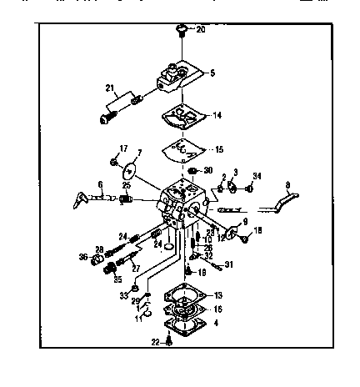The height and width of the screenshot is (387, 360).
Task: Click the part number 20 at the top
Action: (x=200, y=29)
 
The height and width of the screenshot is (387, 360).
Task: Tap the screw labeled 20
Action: (x=181, y=31)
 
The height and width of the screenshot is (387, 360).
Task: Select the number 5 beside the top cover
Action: (x=212, y=73)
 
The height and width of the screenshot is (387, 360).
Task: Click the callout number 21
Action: (x=109, y=88)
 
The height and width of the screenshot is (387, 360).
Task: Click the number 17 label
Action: (x=123, y=149)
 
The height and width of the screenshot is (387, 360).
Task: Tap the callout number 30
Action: (x=207, y=170)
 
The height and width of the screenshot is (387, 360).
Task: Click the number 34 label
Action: (x=257, y=176)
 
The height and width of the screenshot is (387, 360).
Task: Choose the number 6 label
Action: (x=100, y=185)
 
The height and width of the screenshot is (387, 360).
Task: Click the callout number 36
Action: (x=83, y=257)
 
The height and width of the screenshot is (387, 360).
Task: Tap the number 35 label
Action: (x=117, y=279)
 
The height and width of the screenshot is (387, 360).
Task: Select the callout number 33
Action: (x=123, y=295)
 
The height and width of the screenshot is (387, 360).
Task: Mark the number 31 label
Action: (x=230, y=265)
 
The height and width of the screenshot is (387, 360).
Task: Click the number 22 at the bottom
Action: (x=156, y=342)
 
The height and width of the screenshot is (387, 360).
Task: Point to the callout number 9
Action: (x=245, y=221)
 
